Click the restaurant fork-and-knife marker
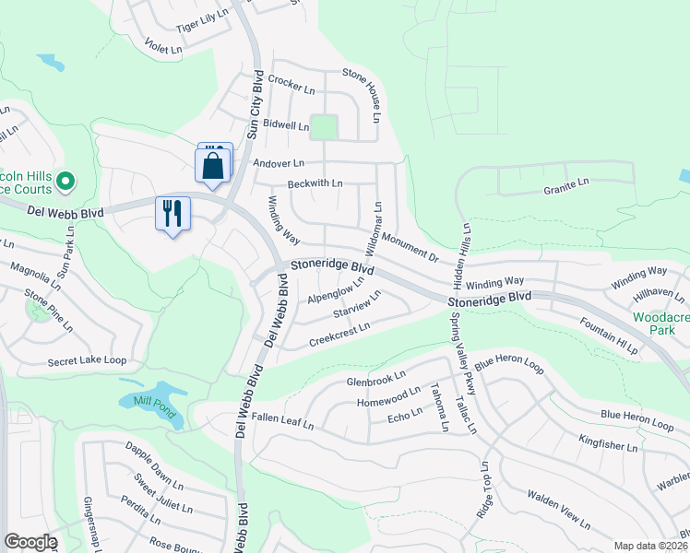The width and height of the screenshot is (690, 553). pyautogui.click(x=172, y=214)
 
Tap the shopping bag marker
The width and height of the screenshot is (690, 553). pyautogui.click(x=213, y=167)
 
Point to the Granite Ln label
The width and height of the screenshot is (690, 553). pyautogui.click(x=565, y=185)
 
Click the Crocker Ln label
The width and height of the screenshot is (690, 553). pyautogui.click(x=292, y=86)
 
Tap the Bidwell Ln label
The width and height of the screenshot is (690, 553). pyautogui.click(x=285, y=124)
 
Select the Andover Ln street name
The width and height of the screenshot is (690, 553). pyautogui.click(x=278, y=163)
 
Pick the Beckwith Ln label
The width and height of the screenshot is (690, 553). pyautogui.click(x=315, y=183)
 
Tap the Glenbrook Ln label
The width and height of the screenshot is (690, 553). pyautogui.click(x=375, y=379)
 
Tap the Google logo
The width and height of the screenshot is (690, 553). pyautogui.click(x=30, y=542)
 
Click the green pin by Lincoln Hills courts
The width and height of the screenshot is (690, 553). pyautogui.click(x=65, y=182)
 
